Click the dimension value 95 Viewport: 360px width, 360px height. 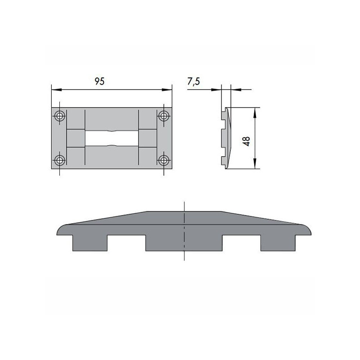99,81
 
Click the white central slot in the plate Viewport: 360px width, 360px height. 112,138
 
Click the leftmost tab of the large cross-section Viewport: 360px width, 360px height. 90,243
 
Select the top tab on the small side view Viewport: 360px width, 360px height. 223,116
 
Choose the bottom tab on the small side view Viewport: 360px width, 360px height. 223,161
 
